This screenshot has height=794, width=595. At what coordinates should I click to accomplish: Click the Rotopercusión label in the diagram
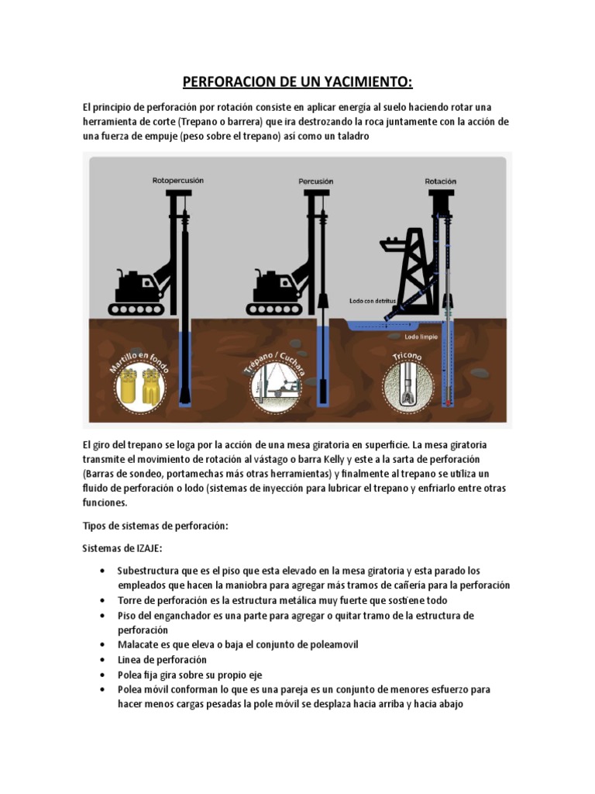click(178, 180)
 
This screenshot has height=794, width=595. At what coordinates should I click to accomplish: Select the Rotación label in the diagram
click(441, 181)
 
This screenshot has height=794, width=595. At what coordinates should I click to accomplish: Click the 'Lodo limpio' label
click(421, 337)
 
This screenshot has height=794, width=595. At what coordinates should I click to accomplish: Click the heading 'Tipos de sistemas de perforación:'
click(155, 526)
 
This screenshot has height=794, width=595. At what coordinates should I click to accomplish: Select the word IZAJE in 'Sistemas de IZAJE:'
click(147, 548)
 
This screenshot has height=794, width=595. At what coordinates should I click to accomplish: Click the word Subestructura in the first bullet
click(148, 571)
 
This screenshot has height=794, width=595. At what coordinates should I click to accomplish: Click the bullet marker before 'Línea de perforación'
click(103, 660)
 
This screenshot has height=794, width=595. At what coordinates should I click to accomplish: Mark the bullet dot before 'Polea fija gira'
click(103, 675)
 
